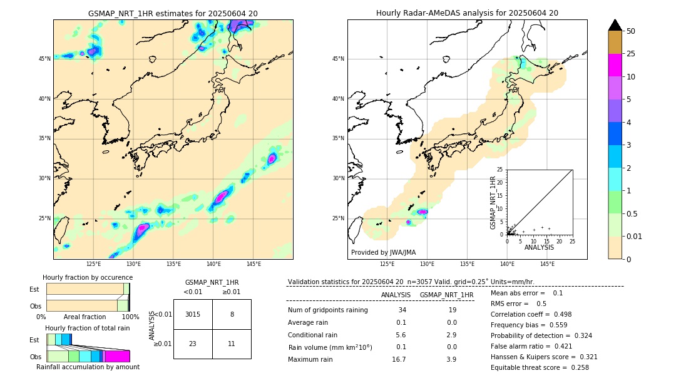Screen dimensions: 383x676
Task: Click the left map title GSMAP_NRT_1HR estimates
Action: (173, 13)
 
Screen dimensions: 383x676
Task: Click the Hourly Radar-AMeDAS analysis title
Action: (467, 13)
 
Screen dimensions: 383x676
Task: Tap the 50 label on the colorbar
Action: (631, 31)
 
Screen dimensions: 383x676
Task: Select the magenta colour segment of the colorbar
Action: (615, 65)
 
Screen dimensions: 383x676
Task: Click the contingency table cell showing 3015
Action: (193, 314)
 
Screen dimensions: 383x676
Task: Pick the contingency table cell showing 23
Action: (193, 344)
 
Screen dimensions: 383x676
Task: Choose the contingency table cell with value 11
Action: (232, 344)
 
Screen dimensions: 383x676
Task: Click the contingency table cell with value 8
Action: (232, 314)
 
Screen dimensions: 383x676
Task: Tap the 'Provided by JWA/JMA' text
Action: (383, 252)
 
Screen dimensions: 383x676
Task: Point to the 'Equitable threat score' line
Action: (540, 367)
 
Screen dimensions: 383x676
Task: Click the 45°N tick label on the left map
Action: (44, 59)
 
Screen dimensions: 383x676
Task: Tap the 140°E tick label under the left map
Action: (213, 264)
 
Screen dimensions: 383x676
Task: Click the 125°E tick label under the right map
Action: (387, 264)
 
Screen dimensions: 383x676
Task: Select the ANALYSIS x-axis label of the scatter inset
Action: (539, 247)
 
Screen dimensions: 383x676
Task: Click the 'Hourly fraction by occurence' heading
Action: (88, 277)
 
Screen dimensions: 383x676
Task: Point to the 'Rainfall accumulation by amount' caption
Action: (88, 367)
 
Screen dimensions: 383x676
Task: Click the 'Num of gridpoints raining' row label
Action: (327, 310)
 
